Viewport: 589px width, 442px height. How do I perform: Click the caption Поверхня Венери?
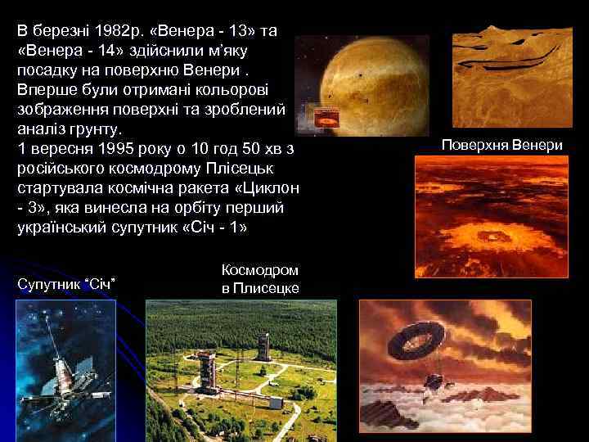[x=501, y=145]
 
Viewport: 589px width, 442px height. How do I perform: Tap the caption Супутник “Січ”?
[x=66, y=283]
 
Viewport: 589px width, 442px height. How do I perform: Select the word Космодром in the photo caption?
[x=260, y=269]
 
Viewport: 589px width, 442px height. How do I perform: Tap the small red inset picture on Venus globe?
[x=326, y=120]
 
